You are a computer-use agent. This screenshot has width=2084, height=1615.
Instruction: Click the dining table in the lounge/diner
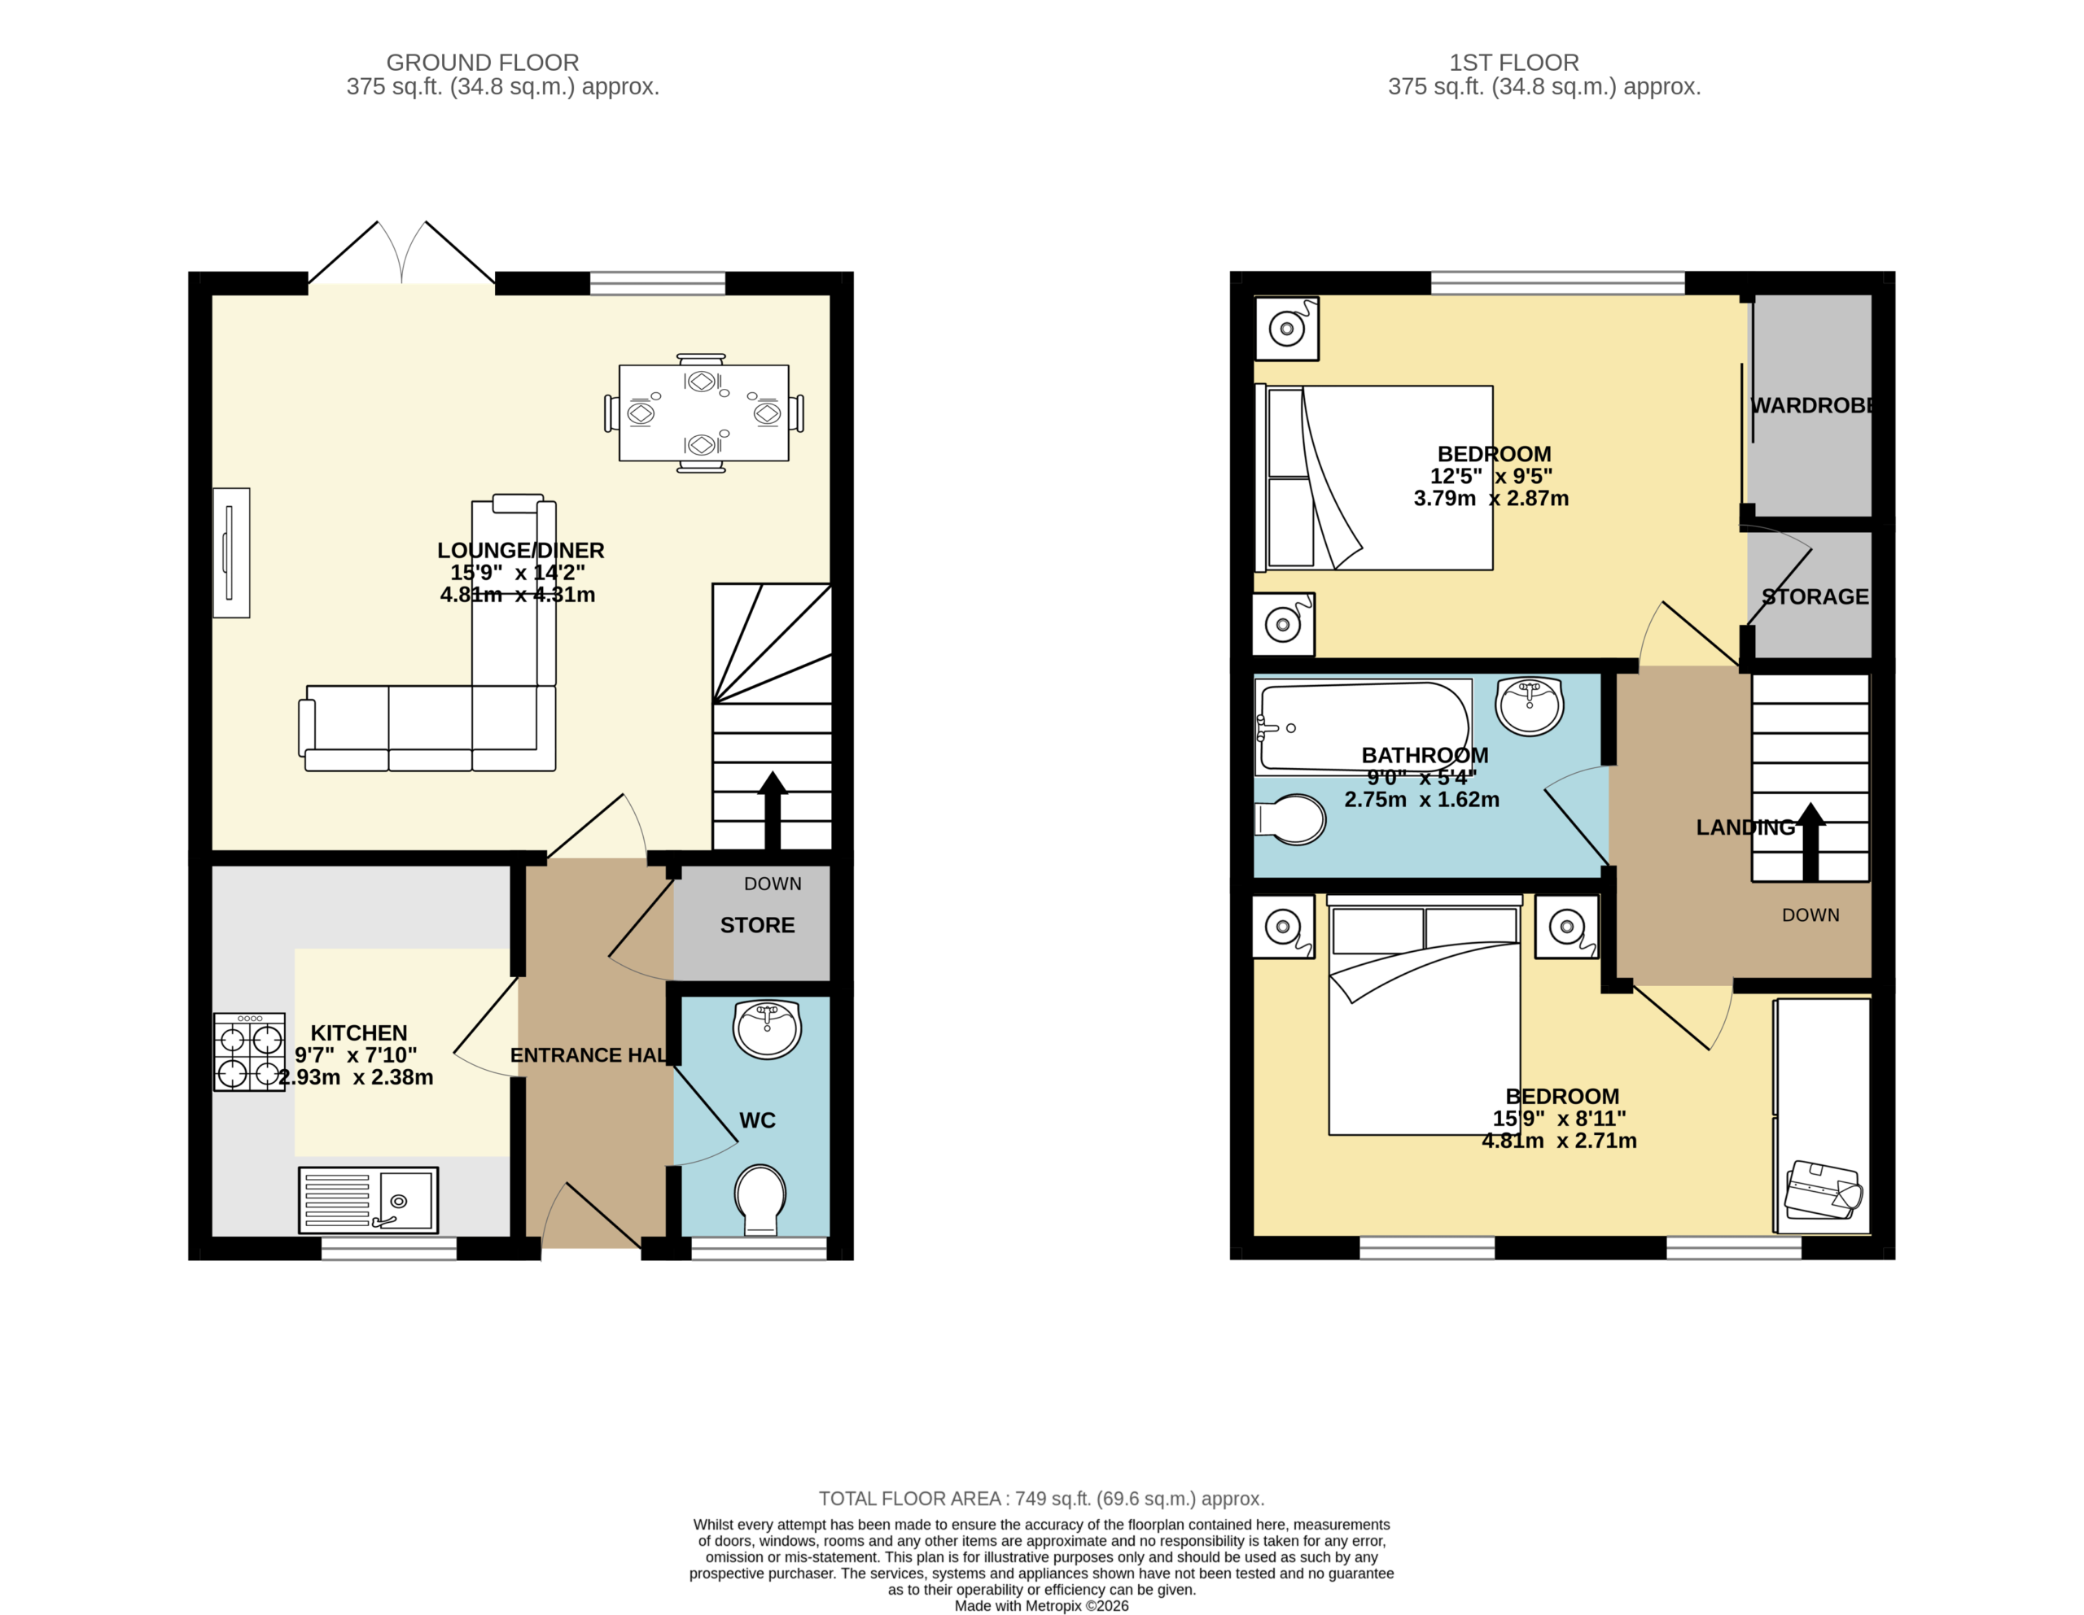[703, 413]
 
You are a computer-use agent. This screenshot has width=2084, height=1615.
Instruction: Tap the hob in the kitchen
[249, 1051]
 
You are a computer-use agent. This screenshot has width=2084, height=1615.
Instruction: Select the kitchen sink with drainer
[368, 1200]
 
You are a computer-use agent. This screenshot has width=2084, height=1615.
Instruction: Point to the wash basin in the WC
[767, 1029]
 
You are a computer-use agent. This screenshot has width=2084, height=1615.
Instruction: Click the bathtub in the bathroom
[1364, 726]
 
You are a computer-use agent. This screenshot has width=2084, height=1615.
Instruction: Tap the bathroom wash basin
[1530, 706]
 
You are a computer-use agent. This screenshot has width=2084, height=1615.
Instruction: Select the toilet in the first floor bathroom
[1290, 819]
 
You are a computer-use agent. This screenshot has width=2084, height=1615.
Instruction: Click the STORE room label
[758, 925]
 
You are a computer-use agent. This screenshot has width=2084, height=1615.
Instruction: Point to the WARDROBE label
[1814, 405]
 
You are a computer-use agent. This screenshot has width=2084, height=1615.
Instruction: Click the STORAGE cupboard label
[1815, 596]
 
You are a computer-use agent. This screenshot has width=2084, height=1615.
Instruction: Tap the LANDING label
[1745, 827]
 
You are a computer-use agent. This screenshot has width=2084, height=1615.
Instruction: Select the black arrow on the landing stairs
[1810, 840]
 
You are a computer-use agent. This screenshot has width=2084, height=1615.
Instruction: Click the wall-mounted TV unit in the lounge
[231, 553]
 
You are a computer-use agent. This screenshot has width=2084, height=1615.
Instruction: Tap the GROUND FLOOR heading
[483, 63]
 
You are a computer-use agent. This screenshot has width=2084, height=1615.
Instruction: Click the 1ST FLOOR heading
[1514, 63]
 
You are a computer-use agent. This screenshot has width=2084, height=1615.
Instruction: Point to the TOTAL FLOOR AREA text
[1042, 1499]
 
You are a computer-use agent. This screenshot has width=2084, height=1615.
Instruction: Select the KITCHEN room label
[359, 1033]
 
